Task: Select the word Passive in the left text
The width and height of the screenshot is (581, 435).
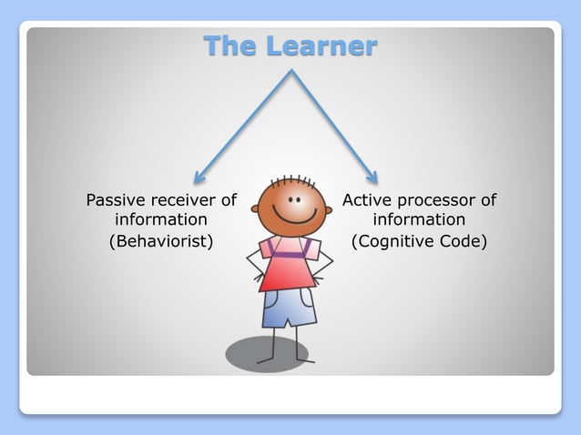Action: point(116,200)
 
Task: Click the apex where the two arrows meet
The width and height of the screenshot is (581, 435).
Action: point(290,72)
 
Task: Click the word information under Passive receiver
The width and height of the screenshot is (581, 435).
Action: point(161,220)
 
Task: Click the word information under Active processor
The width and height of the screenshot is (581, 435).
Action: point(419,220)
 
